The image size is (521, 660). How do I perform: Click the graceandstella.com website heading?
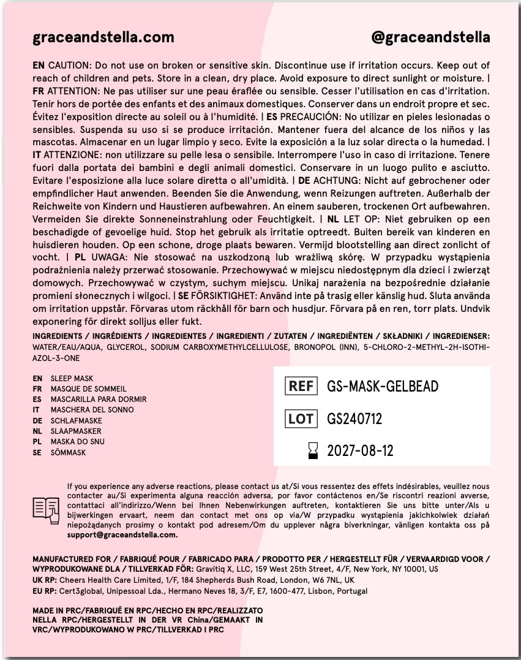point(103,37)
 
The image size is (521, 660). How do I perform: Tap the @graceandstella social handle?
point(430,37)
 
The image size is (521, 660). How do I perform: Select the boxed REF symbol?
point(301,386)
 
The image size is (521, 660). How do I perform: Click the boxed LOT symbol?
point(301,419)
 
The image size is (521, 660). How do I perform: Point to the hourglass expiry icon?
point(313,452)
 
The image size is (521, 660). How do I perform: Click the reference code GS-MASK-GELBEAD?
point(383,386)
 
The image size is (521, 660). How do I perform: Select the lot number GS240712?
point(354,419)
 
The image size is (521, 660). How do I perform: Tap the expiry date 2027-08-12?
point(360,452)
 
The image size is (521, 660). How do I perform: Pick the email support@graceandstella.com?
point(122,534)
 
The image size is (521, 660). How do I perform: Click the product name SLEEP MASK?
point(72,379)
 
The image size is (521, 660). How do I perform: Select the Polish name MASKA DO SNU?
point(77,442)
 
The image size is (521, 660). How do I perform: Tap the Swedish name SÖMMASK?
point(68,453)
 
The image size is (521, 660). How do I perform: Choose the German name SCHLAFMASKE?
point(76,421)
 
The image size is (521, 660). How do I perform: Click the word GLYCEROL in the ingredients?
point(126,347)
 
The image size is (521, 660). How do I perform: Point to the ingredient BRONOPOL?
point(294,347)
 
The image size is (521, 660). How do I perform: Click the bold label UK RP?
point(45,580)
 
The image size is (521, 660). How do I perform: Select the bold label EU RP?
point(45,591)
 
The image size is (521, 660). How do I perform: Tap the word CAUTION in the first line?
point(69,66)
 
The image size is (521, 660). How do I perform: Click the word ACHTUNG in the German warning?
point(335,180)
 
